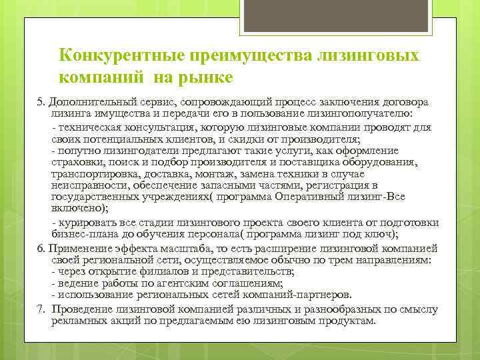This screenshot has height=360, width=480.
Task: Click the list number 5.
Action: pyautogui.click(x=40, y=101)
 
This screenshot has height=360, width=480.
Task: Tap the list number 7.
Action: pyautogui.click(x=40, y=309)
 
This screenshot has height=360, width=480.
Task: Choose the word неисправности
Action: pyautogui.click(x=89, y=186)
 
